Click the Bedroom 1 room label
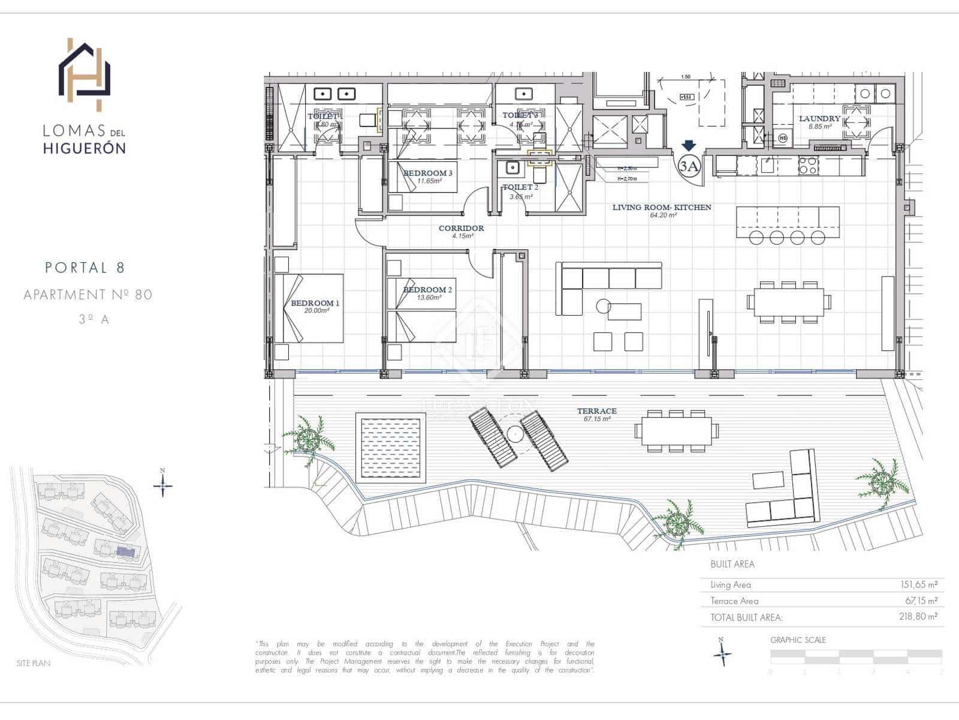[x=315, y=303]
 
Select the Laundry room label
[x=819, y=119]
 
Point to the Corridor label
[x=461, y=228]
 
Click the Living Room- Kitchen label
[x=662, y=207]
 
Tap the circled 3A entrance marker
[x=689, y=166]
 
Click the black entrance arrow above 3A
[x=689, y=146]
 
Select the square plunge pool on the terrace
[x=390, y=447]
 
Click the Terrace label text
[x=596, y=411]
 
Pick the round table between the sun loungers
[x=515, y=434]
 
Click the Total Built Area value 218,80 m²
[x=918, y=616]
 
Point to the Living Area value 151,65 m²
[x=918, y=584]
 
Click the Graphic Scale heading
[x=798, y=640]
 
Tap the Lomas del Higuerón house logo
[x=85, y=74]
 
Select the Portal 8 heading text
[x=85, y=268]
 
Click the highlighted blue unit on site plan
[x=125, y=551]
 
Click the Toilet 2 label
[x=520, y=187]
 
